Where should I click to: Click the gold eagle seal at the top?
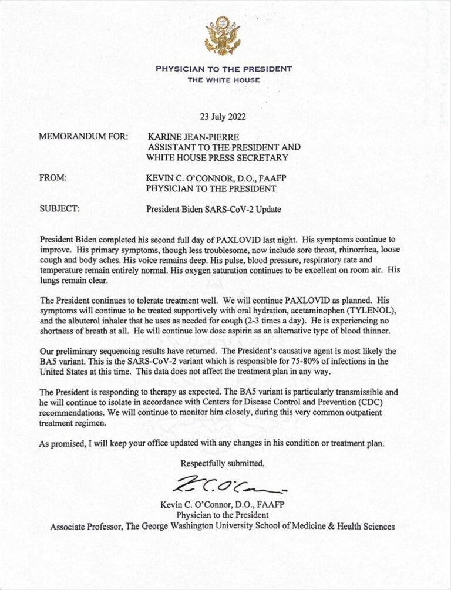(x=223, y=36)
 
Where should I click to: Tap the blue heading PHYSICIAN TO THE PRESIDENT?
(x=224, y=69)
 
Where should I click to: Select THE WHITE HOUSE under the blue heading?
(x=224, y=80)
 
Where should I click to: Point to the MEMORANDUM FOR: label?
(x=83, y=137)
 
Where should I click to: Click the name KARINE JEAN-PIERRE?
(x=189, y=137)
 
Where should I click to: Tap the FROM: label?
(x=53, y=177)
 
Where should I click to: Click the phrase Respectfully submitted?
(x=222, y=463)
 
